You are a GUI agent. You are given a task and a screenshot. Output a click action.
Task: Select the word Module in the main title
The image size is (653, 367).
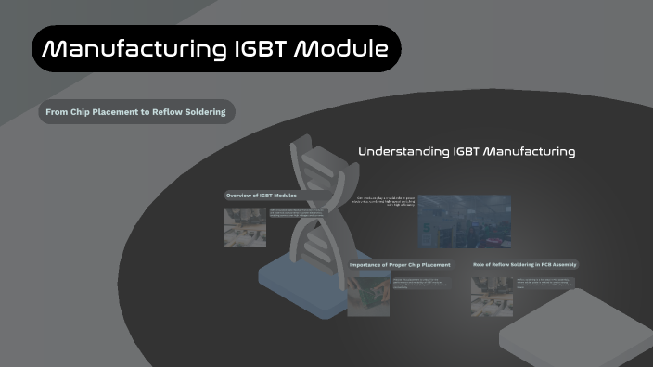click(x=340, y=48)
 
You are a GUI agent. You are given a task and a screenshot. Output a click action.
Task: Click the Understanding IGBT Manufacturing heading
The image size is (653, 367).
click(x=467, y=151)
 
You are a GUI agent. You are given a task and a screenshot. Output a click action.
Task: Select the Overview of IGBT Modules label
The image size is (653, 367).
click(x=262, y=196)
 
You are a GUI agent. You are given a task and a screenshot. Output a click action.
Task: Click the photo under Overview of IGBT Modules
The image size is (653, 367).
click(x=244, y=226)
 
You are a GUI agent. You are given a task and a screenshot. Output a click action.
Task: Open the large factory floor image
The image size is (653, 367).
click(x=464, y=221)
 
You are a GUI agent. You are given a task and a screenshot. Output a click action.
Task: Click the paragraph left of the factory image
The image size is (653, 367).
click(x=383, y=204)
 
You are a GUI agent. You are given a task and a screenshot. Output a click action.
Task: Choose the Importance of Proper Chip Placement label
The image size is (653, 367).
click(x=400, y=265)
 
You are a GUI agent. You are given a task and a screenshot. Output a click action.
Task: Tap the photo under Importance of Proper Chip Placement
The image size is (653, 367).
click(x=367, y=295)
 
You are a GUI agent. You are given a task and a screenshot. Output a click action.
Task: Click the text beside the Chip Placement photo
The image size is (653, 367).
click(x=423, y=283)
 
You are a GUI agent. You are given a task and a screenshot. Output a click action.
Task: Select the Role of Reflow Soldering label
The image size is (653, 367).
click(x=525, y=264)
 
